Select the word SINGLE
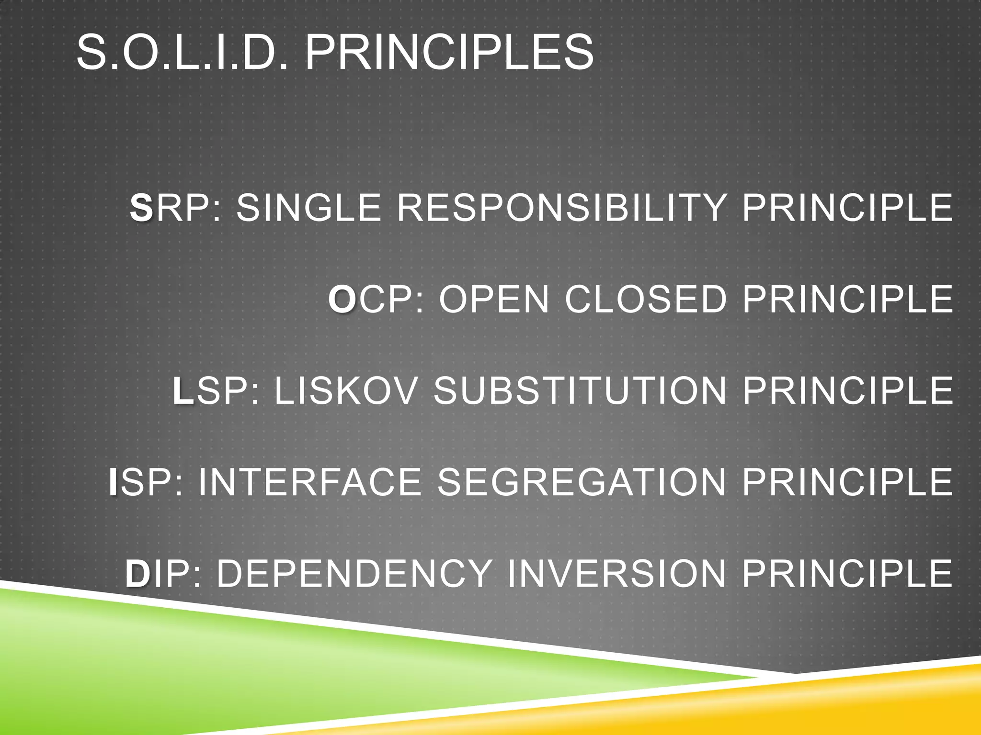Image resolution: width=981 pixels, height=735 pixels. [308, 208]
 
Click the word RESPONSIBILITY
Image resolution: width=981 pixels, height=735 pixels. [561, 208]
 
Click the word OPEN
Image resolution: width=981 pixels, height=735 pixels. [494, 299]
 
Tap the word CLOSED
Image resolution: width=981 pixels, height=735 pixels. [646, 299]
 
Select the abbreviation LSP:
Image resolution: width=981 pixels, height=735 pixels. [216, 390]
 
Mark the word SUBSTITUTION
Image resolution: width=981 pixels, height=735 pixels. [580, 390]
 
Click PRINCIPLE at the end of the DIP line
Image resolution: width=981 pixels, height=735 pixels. [847, 573]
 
